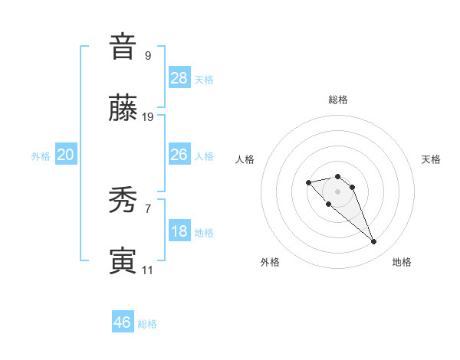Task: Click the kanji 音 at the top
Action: pos(122,47)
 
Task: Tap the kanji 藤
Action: pos(122,110)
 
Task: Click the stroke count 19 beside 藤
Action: pos(148,117)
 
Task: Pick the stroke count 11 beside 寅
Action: pos(147,270)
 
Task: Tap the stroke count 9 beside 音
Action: pos(147,55)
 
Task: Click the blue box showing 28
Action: pos(179,77)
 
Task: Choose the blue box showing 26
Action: pos(179,155)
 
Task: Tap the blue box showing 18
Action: pos(179,232)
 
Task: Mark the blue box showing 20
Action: pos(66,155)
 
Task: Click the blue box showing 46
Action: pos(123,322)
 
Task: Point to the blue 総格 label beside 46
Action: pos(148,324)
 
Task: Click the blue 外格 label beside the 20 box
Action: pos(41,156)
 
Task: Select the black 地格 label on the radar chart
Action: pos(402,262)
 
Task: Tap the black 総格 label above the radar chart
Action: pos(338,100)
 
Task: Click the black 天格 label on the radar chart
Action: pos(431,159)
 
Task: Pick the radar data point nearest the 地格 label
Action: pos(373,242)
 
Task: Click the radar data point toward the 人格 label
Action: pos(308,182)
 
